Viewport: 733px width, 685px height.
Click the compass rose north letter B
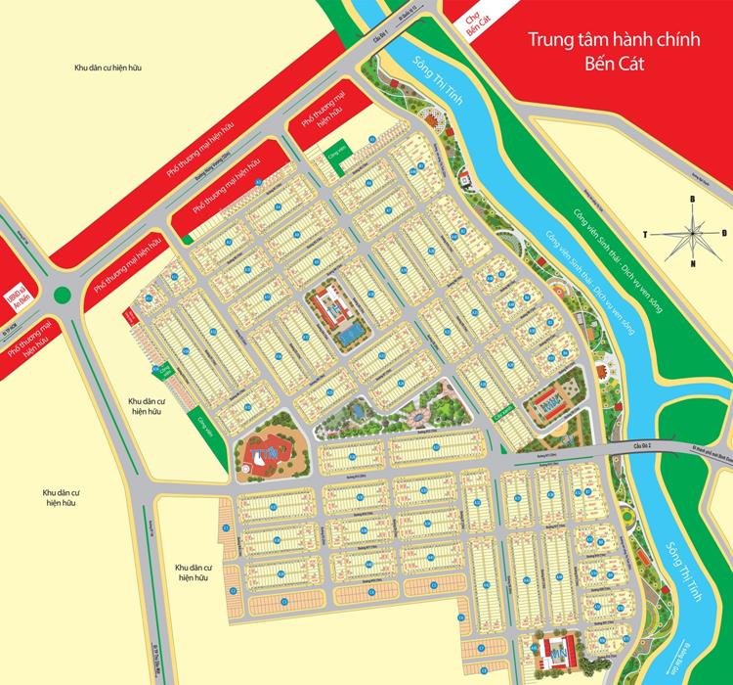pyautogui.click(x=693, y=200)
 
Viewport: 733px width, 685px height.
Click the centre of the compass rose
pyautogui.click(x=693, y=232)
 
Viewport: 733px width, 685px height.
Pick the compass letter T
pyautogui.click(x=646, y=233)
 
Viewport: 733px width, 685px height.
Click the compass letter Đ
pyautogui.click(x=724, y=233)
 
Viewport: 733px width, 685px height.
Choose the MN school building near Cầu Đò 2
pyautogui.click(x=548, y=403)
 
